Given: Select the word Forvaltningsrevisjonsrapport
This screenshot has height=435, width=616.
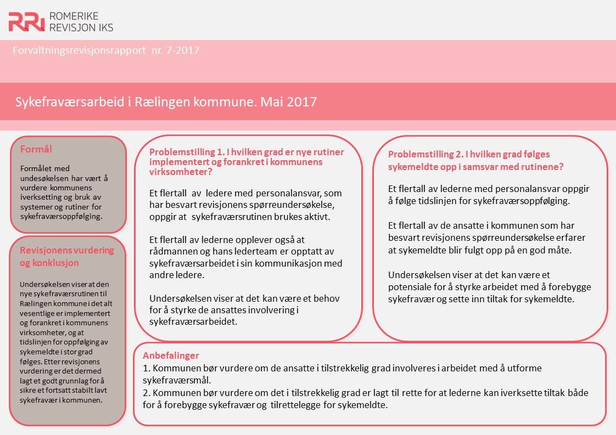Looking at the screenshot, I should (78, 51).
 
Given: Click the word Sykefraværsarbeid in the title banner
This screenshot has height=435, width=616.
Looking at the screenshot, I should (63, 102).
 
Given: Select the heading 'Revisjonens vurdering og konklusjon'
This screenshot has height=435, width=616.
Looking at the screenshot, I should (66, 256).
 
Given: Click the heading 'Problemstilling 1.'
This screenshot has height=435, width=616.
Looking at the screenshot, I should (185, 152).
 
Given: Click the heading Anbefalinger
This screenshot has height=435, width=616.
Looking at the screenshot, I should (171, 355).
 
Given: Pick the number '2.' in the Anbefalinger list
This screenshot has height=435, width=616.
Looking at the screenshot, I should (146, 393).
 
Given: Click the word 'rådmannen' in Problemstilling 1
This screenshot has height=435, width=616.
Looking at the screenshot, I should (174, 252).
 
